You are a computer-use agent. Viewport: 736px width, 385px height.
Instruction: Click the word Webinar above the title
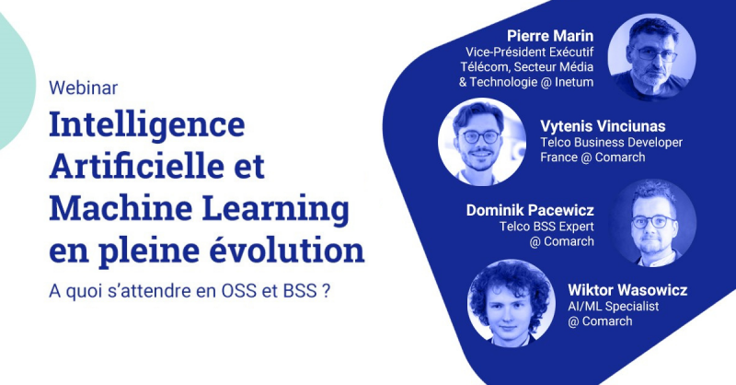pyautogui.click(x=83, y=87)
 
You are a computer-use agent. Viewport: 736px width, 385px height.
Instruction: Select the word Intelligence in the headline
pyautogui.click(x=147, y=124)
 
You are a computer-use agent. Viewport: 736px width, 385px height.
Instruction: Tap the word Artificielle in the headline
pyautogui.click(x=136, y=166)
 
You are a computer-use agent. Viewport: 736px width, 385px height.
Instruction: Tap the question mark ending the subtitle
pyautogui.click(x=327, y=291)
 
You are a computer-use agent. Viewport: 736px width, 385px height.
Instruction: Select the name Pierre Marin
pyautogui.click(x=550, y=36)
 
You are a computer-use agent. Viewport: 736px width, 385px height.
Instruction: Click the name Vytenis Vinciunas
pyautogui.click(x=603, y=126)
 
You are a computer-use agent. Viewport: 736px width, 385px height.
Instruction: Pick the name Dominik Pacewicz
pyautogui.click(x=530, y=210)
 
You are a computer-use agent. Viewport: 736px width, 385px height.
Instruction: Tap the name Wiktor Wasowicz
pyautogui.click(x=627, y=290)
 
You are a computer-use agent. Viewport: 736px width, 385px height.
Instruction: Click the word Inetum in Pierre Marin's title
pyautogui.click(x=574, y=82)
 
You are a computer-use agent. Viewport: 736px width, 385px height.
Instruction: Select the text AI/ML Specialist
pyautogui.click(x=614, y=307)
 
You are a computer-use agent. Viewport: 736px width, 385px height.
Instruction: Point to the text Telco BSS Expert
pyautogui.click(x=546, y=227)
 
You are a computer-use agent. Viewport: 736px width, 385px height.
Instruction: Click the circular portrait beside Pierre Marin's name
pyautogui.click(x=651, y=57)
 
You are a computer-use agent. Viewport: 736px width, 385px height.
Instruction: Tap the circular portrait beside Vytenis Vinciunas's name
pyautogui.click(x=482, y=142)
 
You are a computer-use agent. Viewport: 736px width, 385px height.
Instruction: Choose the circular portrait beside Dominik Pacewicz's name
pyautogui.click(x=653, y=223)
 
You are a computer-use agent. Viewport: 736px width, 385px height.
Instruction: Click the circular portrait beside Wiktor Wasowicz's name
pyautogui.click(x=511, y=303)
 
